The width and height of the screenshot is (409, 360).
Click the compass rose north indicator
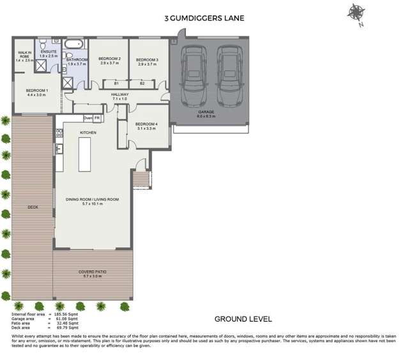point(355,12)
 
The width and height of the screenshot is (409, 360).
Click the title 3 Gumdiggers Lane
point(204,20)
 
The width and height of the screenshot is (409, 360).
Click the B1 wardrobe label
point(116,84)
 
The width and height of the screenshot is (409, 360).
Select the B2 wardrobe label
point(142,84)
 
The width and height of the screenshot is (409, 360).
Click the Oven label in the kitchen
point(88,118)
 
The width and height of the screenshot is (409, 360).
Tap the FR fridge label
point(97,118)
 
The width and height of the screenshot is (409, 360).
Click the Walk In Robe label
point(24,56)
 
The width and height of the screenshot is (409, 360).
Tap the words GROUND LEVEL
point(243,319)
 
